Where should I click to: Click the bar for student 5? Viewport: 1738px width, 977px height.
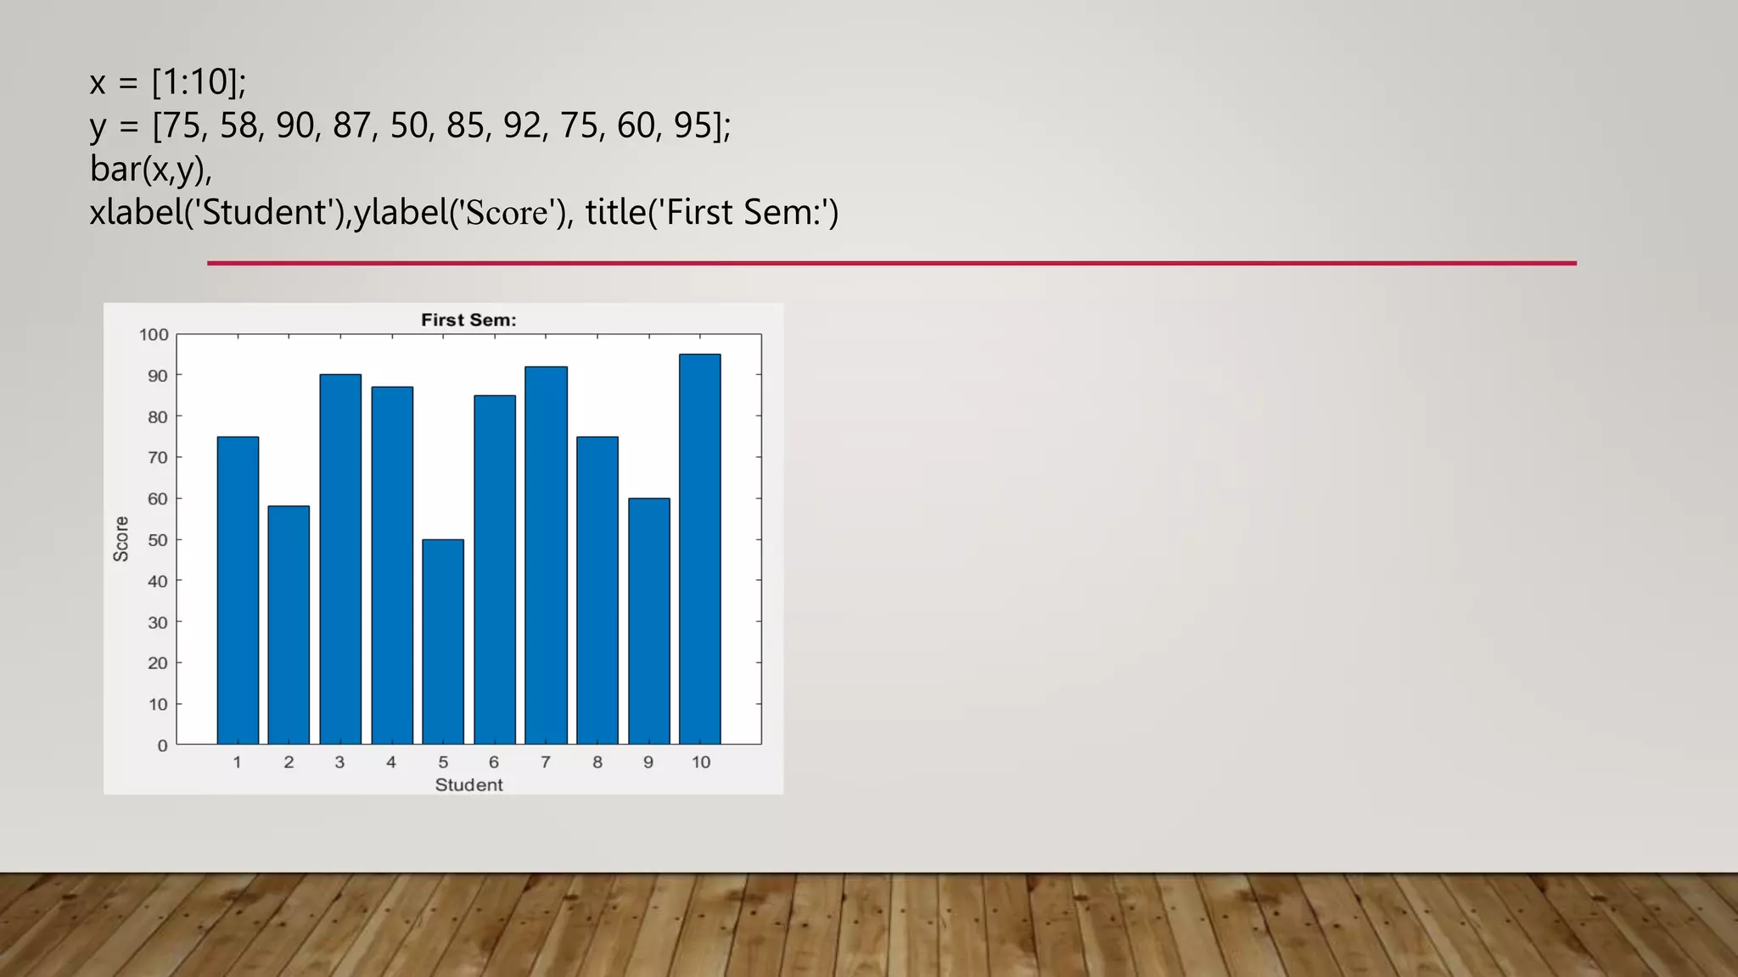coord(443,642)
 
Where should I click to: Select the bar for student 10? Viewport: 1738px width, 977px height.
coord(700,550)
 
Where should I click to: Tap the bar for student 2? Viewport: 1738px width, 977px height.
coord(289,625)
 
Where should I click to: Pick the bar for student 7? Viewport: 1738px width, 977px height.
coord(546,555)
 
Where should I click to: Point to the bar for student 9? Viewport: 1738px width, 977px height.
coord(648,621)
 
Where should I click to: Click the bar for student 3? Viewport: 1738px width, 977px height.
coord(340,559)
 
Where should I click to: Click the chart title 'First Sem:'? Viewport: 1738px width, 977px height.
coord(468,320)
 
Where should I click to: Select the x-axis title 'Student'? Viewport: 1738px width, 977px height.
coord(468,785)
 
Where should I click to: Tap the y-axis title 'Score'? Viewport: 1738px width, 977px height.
coord(121,539)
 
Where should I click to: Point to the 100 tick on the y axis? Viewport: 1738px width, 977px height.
coord(154,335)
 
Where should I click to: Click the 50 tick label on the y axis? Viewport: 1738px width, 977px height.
coord(158,540)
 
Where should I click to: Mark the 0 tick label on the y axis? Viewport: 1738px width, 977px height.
coord(162,746)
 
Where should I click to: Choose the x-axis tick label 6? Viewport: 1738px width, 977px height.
coord(494,762)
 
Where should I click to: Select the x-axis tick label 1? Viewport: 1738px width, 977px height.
coord(237,762)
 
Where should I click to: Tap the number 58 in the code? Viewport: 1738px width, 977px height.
coord(239,126)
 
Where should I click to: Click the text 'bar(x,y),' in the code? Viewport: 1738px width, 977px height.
coord(151,169)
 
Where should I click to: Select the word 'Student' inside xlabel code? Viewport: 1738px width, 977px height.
coord(265,212)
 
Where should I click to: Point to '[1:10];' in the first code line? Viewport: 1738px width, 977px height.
coord(199,82)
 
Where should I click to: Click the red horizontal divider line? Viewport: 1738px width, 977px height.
coord(891,263)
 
